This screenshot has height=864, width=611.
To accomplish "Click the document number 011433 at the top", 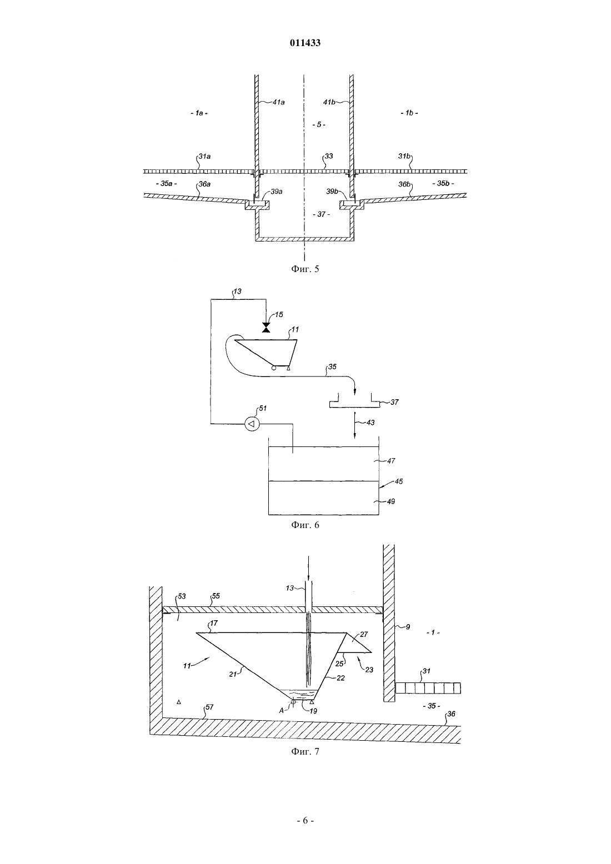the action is click(x=305, y=43).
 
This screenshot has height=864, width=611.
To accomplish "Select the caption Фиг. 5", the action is click(x=305, y=269).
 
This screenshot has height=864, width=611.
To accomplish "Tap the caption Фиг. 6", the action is click(x=305, y=525).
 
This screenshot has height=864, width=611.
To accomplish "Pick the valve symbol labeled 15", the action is click(x=266, y=328).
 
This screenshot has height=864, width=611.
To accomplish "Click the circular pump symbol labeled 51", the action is click(x=252, y=424).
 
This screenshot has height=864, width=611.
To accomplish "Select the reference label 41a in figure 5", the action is click(x=278, y=102).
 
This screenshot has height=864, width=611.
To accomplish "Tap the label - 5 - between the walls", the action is click(x=319, y=124).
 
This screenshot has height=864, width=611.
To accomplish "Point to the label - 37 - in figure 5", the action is click(x=321, y=214).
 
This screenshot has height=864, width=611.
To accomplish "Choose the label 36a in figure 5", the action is click(x=204, y=184).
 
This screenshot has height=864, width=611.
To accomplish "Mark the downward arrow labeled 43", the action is click(x=354, y=425).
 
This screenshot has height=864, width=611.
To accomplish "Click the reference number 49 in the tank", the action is click(x=390, y=501).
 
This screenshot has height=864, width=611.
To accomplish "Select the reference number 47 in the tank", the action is click(x=390, y=460).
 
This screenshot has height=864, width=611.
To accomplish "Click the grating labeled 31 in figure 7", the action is click(x=428, y=688).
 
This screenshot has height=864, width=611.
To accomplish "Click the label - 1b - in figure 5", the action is click(x=409, y=113).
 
